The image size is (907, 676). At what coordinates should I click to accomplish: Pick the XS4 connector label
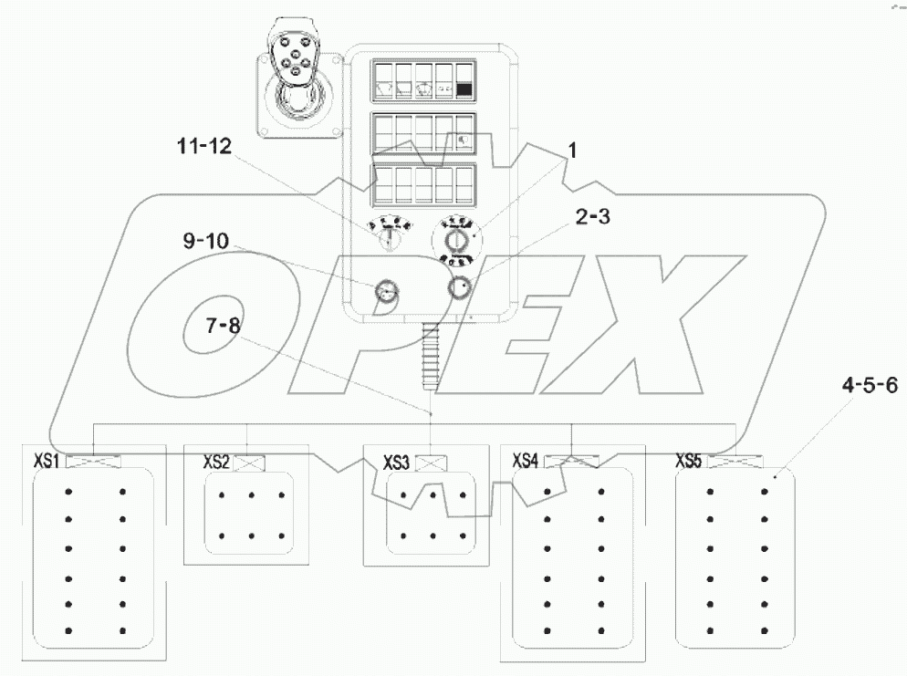(526, 460)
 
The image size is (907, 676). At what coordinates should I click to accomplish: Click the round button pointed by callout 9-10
(387, 292)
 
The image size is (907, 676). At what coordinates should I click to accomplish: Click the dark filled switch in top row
(465, 89)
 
